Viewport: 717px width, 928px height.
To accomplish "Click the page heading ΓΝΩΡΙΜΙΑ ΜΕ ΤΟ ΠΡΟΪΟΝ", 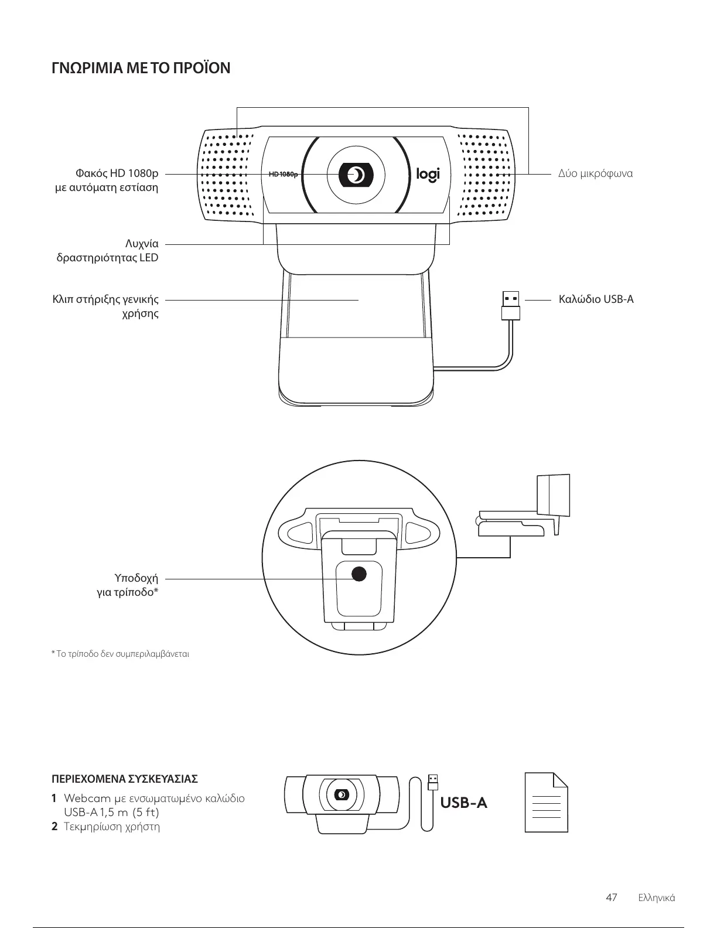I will point(141,69).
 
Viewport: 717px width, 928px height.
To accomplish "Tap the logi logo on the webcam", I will point(428,175).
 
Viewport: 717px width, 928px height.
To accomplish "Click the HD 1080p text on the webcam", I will point(283,175).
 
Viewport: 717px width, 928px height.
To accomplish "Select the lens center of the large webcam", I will point(356,175).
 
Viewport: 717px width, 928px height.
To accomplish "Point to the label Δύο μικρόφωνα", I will point(595,174).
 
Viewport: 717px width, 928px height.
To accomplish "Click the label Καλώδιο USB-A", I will point(596,299).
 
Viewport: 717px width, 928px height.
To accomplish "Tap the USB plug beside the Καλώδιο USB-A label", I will point(511,305).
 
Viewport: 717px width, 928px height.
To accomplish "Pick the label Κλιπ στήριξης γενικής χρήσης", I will point(106,306).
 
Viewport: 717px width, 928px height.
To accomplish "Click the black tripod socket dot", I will point(358,574).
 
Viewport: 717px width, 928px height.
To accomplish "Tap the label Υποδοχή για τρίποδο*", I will point(128,585).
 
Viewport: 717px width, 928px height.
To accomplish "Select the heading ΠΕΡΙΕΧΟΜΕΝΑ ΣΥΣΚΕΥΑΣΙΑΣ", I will point(125,779).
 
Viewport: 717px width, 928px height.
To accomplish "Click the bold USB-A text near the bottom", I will point(463,802).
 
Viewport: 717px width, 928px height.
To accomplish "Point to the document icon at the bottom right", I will point(546,802).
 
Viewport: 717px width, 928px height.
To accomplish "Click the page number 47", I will point(611,898).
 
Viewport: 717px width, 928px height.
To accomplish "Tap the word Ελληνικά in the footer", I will point(656,898).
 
